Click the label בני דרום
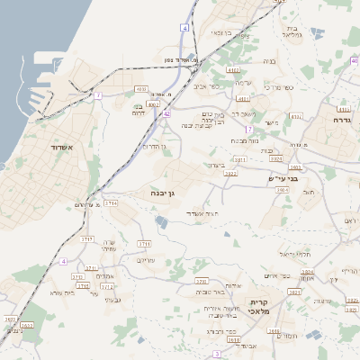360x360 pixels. [x=138, y=110]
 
